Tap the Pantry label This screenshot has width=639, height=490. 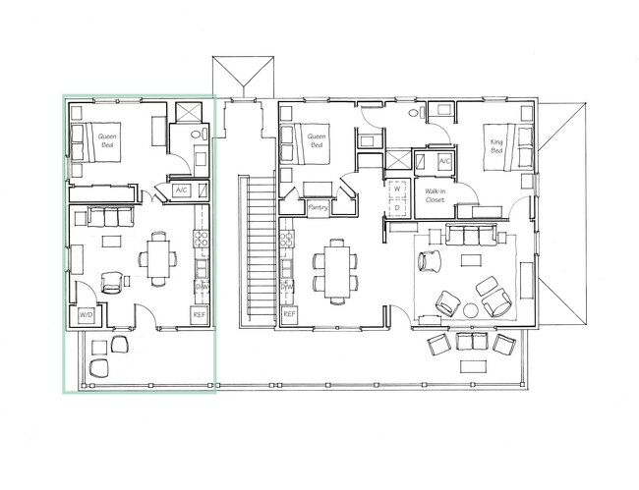317,207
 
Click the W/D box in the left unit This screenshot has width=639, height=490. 86,315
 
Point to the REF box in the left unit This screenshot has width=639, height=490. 200,314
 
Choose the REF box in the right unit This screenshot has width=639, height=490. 289,314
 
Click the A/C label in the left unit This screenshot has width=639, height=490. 182,190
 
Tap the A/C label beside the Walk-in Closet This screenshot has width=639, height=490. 444,160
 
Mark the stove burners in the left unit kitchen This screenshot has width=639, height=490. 201,239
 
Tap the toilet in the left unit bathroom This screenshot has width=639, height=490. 198,136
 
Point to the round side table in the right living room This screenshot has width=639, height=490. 469,310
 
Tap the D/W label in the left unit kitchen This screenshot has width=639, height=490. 201,287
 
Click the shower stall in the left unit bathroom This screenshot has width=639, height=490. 186,112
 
